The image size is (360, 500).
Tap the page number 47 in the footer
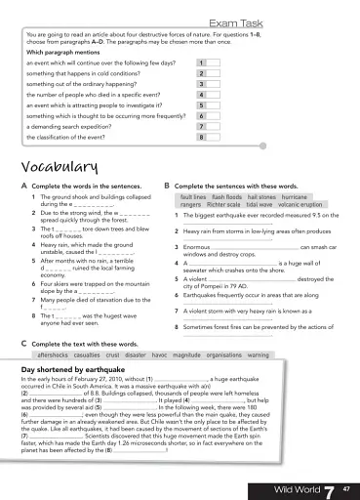[x=346, y=486]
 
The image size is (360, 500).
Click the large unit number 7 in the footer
[x=329, y=485]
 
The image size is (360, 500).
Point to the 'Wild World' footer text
[x=297, y=486]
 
